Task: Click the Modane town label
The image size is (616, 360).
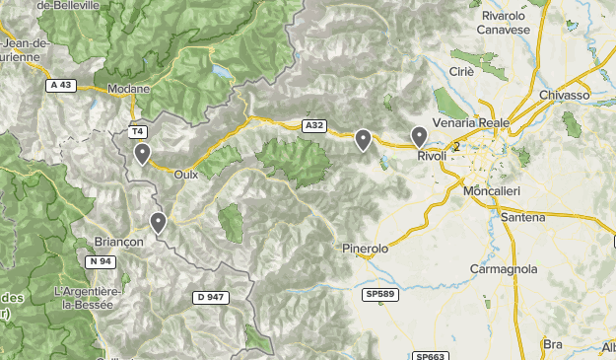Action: (128, 88)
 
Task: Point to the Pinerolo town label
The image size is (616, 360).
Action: (365, 249)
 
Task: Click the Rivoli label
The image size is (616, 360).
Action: (432, 157)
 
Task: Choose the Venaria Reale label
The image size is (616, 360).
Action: (471, 122)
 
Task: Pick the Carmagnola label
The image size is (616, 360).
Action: (503, 268)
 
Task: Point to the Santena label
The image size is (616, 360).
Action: (522, 215)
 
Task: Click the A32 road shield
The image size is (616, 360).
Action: (314, 125)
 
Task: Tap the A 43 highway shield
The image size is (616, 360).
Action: (60, 85)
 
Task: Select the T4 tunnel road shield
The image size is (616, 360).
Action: (137, 131)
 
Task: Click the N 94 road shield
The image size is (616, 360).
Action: (100, 261)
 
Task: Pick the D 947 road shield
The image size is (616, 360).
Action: (212, 296)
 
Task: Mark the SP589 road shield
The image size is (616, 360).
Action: (378, 294)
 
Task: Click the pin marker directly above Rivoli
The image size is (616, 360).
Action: (419, 137)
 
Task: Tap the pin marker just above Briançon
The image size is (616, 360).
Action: (158, 222)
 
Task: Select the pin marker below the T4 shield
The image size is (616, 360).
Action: (143, 154)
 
